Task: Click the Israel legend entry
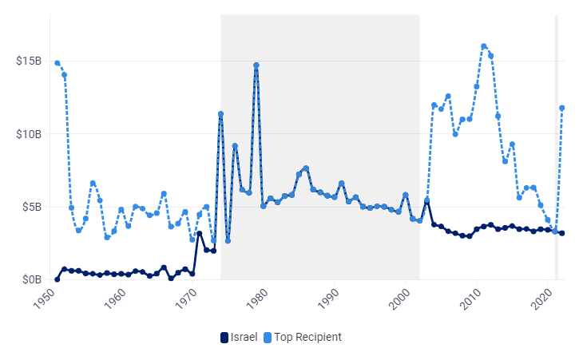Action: click(x=239, y=337)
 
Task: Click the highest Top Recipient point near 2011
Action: click(x=484, y=46)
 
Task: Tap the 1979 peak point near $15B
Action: click(x=256, y=65)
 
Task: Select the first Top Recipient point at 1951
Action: click(x=58, y=63)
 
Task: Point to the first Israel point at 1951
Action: click(x=58, y=279)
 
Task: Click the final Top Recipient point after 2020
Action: click(x=562, y=108)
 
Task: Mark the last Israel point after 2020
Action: click(x=562, y=233)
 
